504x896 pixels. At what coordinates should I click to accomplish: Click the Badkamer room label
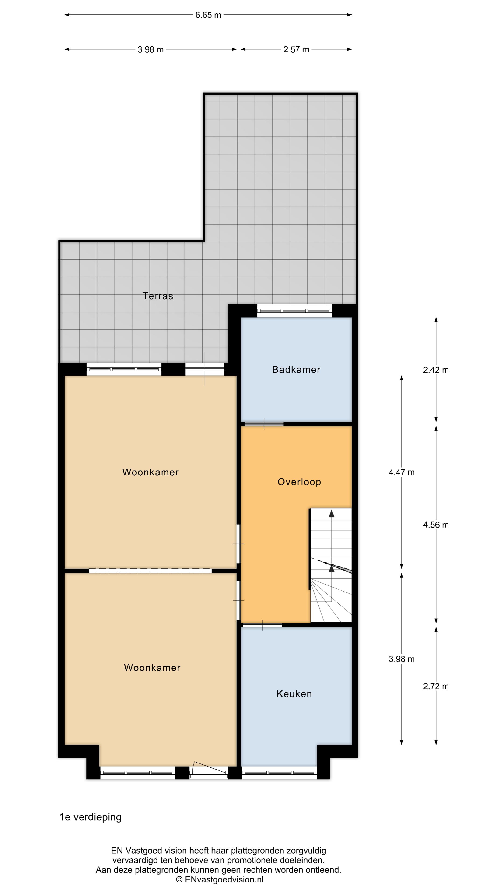coord(296,369)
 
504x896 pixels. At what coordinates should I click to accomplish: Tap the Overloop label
coord(299,482)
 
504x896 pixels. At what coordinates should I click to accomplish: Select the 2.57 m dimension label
coord(296,49)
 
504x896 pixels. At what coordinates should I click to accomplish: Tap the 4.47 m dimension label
coord(402,472)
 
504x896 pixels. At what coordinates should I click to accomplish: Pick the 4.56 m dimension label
coord(436,525)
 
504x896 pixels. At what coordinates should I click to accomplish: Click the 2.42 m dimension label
coord(436,370)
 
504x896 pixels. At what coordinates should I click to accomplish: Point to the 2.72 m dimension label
coord(436,686)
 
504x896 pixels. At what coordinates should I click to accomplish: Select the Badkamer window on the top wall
coord(295,311)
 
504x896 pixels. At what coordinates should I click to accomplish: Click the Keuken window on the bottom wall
coord(279,773)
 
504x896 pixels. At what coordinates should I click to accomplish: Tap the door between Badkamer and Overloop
coord(264,424)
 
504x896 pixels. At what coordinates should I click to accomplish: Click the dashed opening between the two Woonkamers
coord(150,571)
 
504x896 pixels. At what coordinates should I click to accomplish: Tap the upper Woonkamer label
coord(150,472)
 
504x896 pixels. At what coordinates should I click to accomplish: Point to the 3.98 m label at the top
coord(150,49)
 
